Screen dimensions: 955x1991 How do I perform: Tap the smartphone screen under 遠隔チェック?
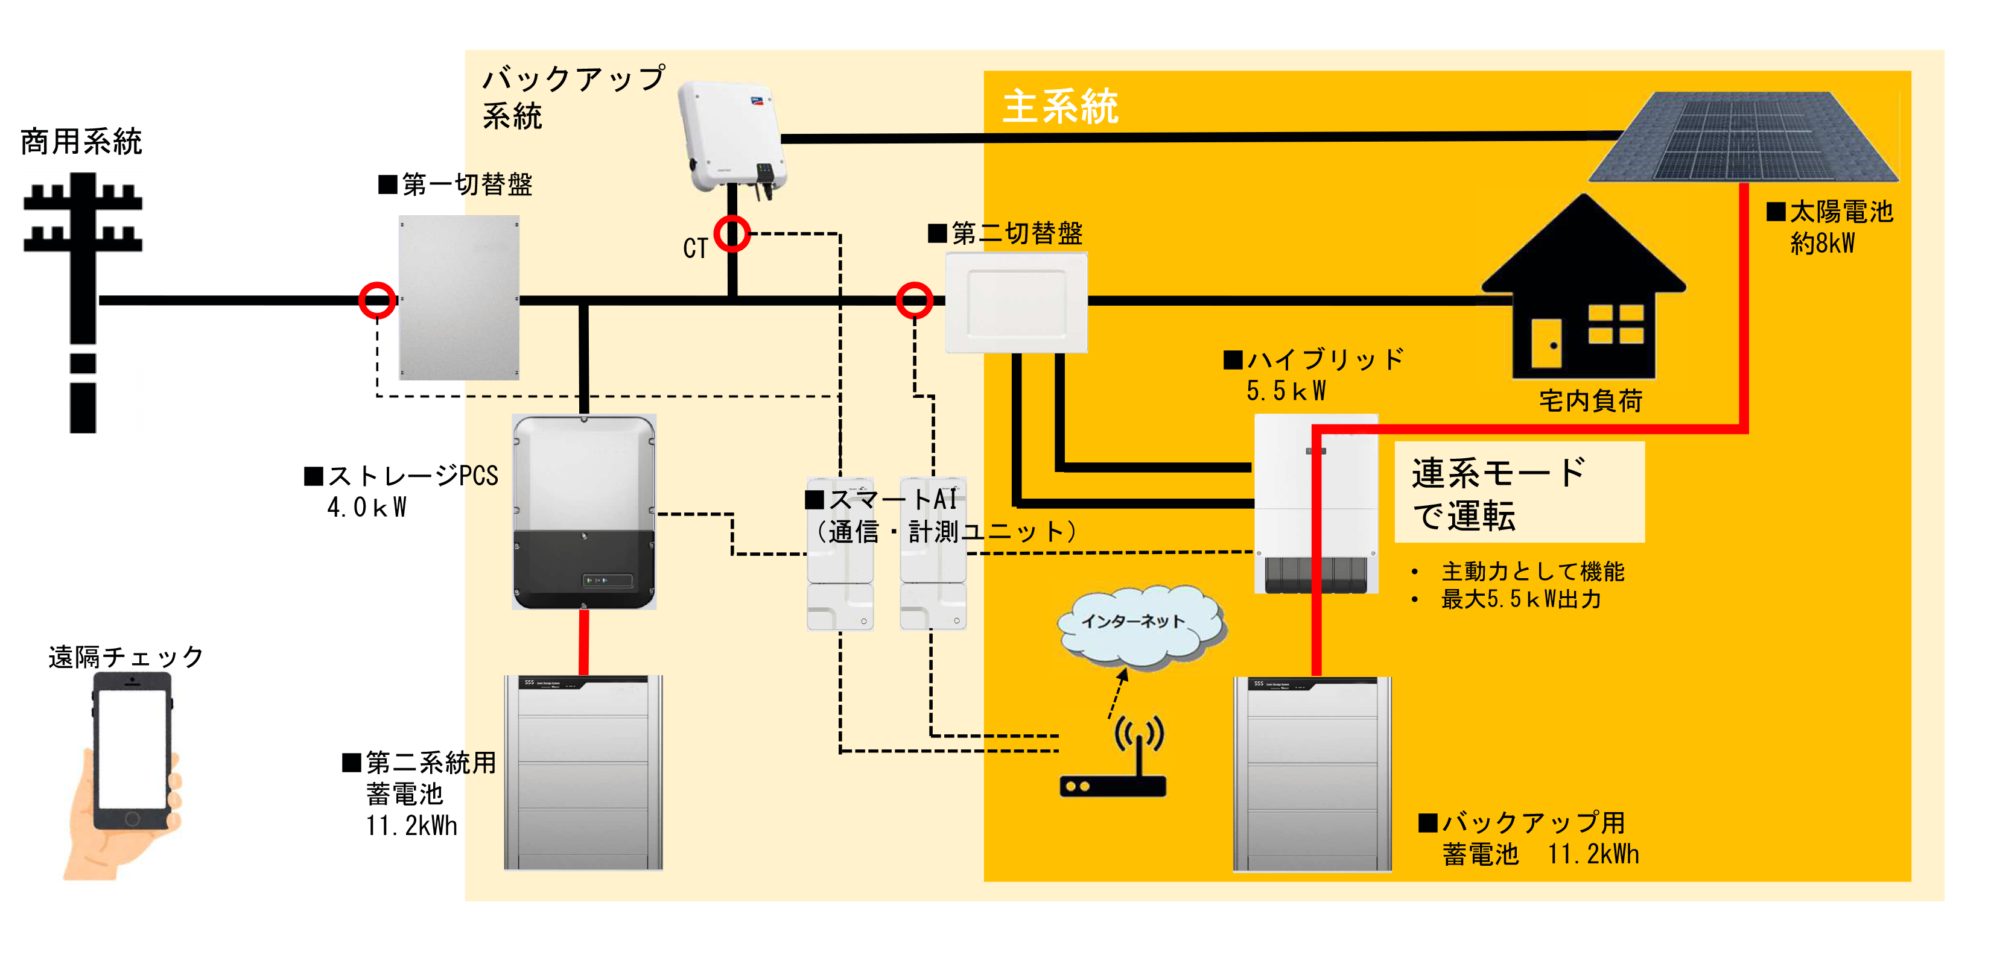[132, 748]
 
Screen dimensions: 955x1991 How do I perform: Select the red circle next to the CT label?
[732, 233]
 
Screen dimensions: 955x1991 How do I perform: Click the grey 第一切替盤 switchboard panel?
[459, 297]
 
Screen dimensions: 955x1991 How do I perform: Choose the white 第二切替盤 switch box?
[1017, 302]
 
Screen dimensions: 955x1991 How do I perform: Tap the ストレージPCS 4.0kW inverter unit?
[584, 511]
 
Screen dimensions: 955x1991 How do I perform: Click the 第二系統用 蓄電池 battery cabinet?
[583, 773]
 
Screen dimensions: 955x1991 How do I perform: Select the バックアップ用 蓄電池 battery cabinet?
[1312, 774]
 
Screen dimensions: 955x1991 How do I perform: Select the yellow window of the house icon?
[1615, 324]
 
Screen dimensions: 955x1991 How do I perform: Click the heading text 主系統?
[1061, 107]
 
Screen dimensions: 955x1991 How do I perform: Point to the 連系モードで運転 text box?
[1519, 492]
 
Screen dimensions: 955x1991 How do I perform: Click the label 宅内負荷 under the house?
[1590, 401]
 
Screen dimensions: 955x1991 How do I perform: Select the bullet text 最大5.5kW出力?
[1521, 599]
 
